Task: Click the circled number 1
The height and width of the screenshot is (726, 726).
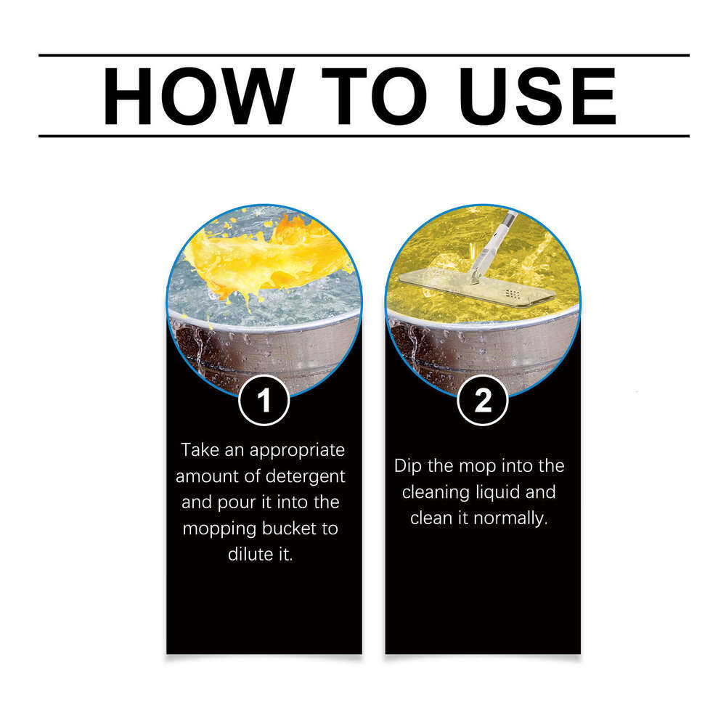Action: click(x=264, y=401)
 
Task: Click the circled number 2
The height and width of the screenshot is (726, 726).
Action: click(x=483, y=401)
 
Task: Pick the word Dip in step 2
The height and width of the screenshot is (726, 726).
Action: click(x=408, y=466)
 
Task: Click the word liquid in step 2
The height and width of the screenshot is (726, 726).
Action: click(x=507, y=492)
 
